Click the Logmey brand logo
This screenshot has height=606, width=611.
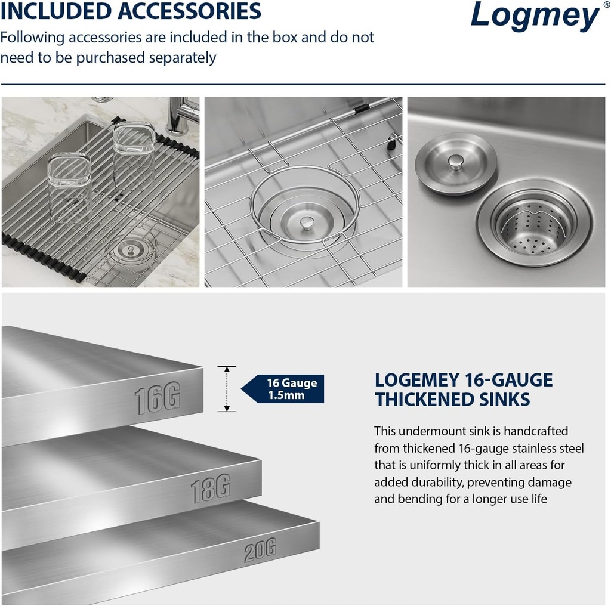click(x=534, y=16)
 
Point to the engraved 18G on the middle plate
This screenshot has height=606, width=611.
click(x=210, y=489)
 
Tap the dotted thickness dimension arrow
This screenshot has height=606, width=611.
click(x=227, y=389)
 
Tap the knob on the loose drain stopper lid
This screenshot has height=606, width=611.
click(x=456, y=161)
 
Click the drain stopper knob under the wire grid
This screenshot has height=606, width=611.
click(x=307, y=222)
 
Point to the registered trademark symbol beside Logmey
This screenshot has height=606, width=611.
click(x=606, y=5)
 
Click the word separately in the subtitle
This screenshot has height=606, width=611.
click(x=182, y=58)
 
